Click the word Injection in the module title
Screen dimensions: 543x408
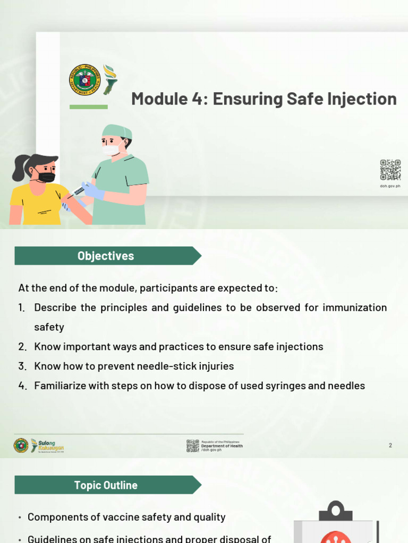click(363, 99)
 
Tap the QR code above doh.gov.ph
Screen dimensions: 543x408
click(390, 170)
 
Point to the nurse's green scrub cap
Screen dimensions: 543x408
click(117, 130)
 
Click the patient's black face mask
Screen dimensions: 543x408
click(47, 177)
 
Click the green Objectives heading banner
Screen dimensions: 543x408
click(106, 256)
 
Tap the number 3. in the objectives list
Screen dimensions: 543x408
click(22, 366)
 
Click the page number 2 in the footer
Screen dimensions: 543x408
click(390, 445)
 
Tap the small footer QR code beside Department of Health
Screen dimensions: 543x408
click(192, 445)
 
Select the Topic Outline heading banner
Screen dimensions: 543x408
click(106, 485)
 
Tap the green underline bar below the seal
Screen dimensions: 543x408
click(88, 107)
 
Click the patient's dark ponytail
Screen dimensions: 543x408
click(20, 168)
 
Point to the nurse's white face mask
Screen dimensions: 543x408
click(111, 150)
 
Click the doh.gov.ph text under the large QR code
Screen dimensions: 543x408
click(390, 187)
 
